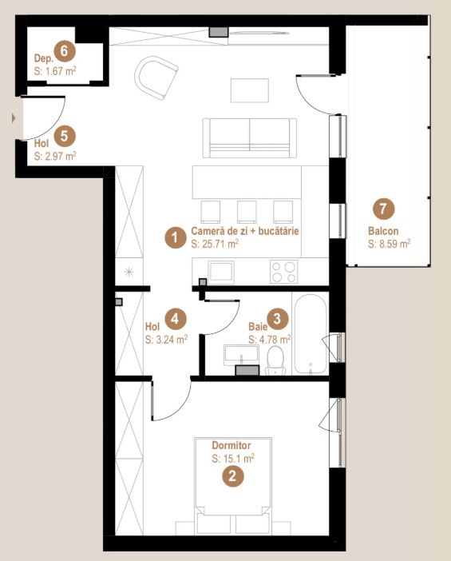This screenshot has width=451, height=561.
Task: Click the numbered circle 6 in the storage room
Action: [65, 51]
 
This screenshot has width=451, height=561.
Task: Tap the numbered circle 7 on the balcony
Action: [383, 209]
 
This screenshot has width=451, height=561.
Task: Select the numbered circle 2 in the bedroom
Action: [232, 476]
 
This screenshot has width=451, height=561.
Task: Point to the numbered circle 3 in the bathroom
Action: [278, 319]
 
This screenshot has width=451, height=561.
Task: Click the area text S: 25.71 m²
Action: [215, 244]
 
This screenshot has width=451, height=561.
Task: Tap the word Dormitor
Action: [231, 445]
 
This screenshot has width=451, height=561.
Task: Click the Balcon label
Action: [383, 231]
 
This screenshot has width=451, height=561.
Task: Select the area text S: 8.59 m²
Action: [389, 244]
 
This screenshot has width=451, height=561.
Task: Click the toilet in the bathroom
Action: [275, 360]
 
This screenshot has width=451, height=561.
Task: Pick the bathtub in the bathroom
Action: [311, 335]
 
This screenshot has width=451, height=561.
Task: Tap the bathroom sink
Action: [242, 355]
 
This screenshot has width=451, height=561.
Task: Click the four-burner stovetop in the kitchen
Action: [283, 272]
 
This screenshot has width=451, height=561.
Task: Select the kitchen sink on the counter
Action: [222, 272]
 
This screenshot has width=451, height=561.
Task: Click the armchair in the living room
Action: [156, 78]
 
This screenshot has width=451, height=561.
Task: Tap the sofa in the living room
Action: [249, 138]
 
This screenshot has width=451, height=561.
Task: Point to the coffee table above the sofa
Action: [249, 90]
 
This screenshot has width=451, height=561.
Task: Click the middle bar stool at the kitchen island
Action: [247, 212]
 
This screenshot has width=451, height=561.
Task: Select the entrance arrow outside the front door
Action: [14, 117]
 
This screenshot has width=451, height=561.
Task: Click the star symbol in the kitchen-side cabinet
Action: [129, 272]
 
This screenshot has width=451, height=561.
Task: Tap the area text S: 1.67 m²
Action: [55, 71]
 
